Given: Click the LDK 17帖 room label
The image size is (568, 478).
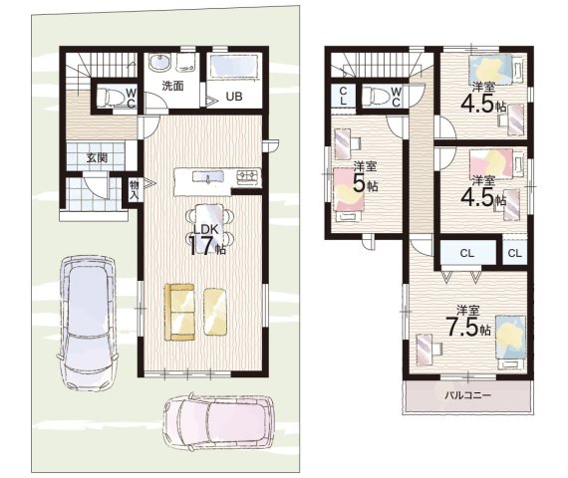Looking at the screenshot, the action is point(207,240).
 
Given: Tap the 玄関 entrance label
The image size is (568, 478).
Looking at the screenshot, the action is point(97,158).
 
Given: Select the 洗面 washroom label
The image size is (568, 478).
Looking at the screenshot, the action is point(172,86).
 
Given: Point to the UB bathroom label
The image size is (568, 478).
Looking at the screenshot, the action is point(234,97).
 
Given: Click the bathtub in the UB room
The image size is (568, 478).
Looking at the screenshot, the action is point(234,65).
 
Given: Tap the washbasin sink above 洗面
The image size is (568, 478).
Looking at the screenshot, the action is point(159,63).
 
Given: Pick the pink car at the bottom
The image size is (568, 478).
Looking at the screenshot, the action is point(218,422).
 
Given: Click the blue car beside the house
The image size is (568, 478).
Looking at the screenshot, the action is point(88,323).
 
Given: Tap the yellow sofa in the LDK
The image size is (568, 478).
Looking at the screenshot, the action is point(179,312).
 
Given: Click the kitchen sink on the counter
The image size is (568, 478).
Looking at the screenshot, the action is point(208,177).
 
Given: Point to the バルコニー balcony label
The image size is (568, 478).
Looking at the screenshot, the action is point(467,394).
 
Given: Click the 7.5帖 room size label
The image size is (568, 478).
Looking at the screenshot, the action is point(469,327).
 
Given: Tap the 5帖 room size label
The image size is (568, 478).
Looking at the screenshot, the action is point(365,183).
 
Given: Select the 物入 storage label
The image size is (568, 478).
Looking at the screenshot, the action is point(135,190).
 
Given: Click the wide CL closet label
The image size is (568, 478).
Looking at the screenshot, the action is point(467,253).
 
